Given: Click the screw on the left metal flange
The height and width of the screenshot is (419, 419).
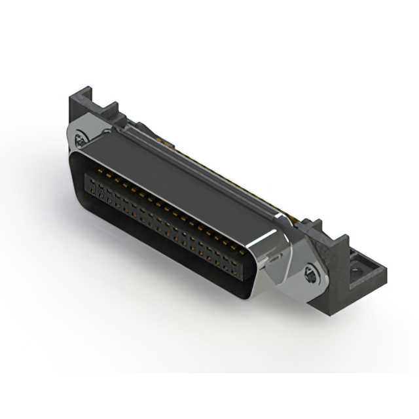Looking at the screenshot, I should tap(81, 138).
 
